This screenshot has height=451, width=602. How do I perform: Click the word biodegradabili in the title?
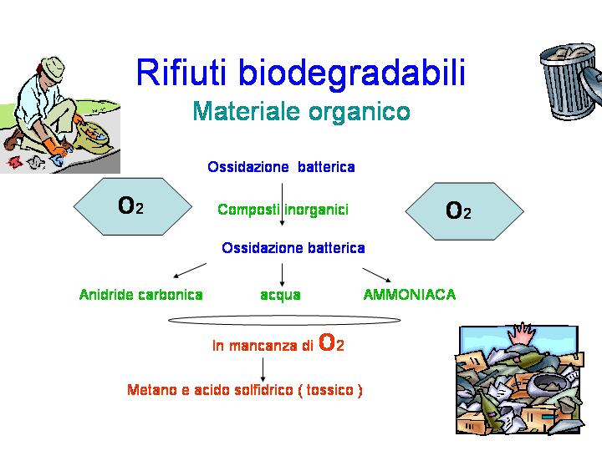352,75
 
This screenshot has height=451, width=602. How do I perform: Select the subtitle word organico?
360,113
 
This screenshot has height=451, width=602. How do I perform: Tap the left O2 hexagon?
132,206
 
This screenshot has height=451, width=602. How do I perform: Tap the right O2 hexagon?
465,211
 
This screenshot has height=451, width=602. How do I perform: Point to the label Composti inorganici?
283,210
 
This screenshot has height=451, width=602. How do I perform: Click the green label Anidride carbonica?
141,295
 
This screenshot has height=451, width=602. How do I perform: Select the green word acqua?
280,296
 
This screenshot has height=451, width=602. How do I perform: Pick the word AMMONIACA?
409,295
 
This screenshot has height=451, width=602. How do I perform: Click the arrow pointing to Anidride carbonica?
190,271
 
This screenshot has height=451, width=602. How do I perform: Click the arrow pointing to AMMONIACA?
376,275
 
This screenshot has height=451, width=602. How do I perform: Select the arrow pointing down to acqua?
283,275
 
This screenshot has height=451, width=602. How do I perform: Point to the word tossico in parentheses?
329,390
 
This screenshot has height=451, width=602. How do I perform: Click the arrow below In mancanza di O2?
263,370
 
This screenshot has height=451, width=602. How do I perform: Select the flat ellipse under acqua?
284,316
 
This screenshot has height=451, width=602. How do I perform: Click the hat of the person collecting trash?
52,69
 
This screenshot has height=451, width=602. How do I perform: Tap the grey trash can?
570,82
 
